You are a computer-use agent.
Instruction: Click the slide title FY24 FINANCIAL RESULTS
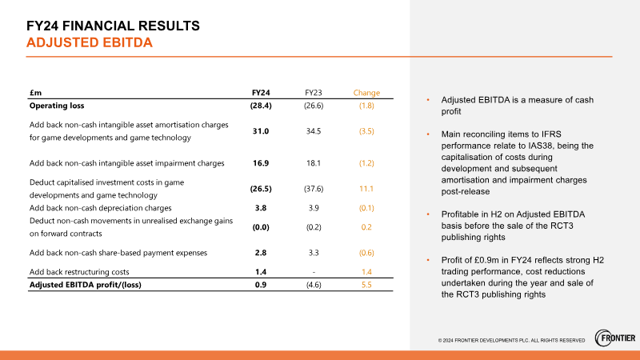click(x=113, y=26)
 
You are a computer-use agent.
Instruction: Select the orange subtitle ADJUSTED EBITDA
click(x=90, y=42)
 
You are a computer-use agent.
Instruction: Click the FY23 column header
click(x=314, y=93)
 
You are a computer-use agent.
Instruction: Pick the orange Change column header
click(x=366, y=93)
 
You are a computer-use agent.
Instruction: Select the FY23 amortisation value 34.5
click(x=314, y=130)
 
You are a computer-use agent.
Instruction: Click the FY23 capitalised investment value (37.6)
click(x=314, y=189)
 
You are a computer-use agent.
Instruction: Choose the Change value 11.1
click(x=366, y=189)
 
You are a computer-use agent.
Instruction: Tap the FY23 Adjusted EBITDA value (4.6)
click(x=314, y=285)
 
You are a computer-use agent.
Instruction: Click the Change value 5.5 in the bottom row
click(x=366, y=285)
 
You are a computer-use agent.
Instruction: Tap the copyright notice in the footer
click(x=511, y=341)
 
